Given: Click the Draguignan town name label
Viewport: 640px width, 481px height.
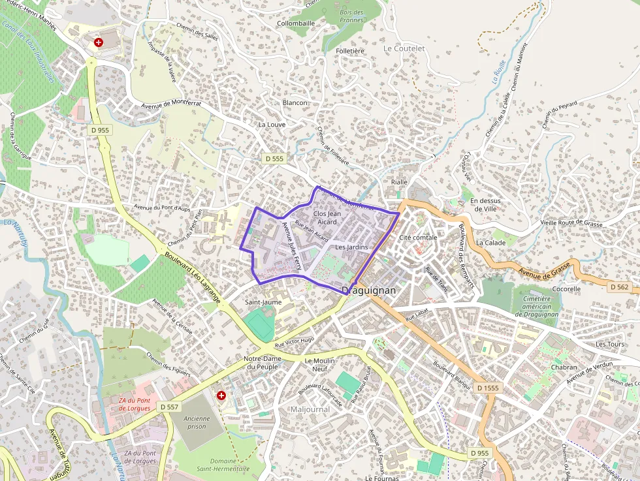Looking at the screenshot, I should point(368,290).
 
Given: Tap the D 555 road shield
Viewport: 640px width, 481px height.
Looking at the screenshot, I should point(275,159).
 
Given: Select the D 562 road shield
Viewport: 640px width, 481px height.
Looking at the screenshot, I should point(620,287).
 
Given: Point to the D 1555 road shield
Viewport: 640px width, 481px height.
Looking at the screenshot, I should point(487,388).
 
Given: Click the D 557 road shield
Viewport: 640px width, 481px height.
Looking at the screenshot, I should point(168,407).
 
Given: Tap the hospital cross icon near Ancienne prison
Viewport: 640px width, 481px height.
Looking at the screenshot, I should point(221,396).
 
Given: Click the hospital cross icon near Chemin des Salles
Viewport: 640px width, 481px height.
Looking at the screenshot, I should point(99,42).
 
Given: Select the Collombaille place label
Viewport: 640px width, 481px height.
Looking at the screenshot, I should point(296,23).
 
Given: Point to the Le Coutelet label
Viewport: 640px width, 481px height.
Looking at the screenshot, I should point(404,48).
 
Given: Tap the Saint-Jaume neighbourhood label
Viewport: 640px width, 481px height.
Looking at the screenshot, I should point(263,302).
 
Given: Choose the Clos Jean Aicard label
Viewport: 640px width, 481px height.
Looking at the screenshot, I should point(327,217).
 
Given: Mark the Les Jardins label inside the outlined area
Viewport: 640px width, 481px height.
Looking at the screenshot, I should point(351,247).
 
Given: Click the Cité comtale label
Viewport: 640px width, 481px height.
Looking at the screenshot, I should point(418,238).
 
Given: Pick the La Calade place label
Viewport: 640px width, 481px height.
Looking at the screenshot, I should point(490,242).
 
